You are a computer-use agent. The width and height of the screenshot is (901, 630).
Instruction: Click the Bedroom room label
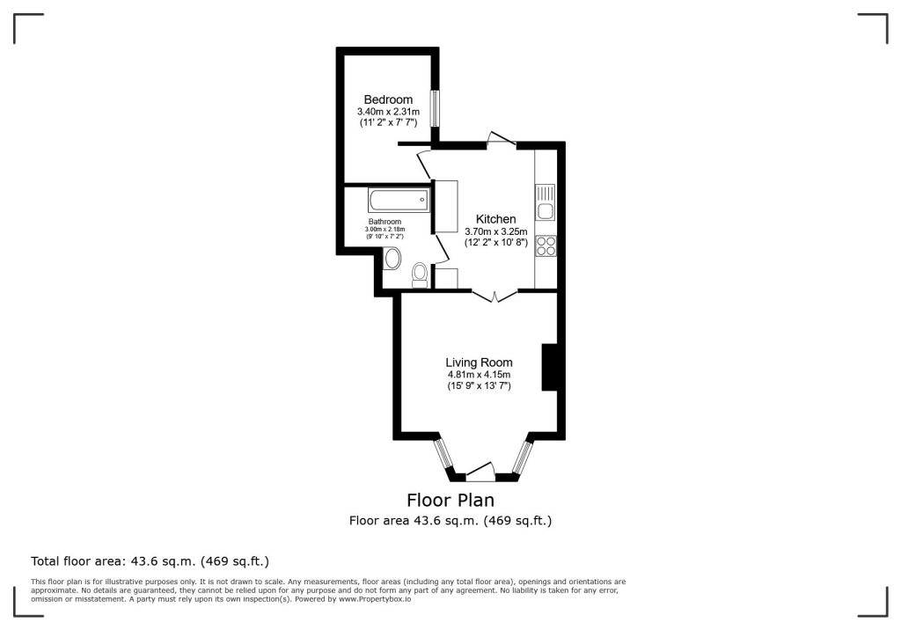click(x=388, y=100)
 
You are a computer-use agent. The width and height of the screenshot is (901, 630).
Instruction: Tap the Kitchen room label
click(x=495, y=219)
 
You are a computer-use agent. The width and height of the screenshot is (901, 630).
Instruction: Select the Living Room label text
click(x=479, y=363)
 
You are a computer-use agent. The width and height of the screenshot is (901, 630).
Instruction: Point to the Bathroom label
click(x=385, y=222)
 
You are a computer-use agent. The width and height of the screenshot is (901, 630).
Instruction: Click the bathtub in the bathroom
click(x=399, y=199)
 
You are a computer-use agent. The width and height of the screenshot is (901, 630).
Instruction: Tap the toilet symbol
click(x=421, y=274)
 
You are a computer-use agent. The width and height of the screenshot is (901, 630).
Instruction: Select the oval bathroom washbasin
click(x=392, y=259)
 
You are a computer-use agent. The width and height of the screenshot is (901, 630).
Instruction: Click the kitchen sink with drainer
click(x=545, y=202)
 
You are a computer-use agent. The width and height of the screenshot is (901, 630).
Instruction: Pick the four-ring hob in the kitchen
click(x=545, y=245)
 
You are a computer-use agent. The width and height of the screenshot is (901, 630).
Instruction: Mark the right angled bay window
click(x=523, y=456)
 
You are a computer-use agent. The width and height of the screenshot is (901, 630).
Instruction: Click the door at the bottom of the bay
click(x=480, y=473)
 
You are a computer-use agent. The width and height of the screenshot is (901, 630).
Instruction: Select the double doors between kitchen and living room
click(x=495, y=297)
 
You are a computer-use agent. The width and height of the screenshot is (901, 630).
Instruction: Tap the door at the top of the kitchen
click(x=501, y=139)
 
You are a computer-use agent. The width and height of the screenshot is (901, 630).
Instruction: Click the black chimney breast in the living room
click(x=551, y=366)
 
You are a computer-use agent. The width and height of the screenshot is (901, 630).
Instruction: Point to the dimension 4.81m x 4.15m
click(x=479, y=375)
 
